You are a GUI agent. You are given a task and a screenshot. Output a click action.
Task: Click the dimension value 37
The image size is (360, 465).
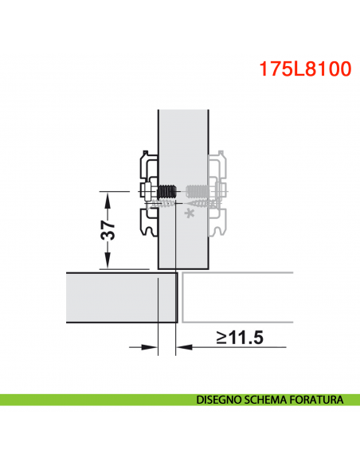tap(111, 230)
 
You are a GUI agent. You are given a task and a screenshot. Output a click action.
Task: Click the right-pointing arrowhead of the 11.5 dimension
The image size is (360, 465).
tap(149, 346)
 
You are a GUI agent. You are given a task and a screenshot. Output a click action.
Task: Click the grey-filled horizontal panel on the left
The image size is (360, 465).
tap(119, 299)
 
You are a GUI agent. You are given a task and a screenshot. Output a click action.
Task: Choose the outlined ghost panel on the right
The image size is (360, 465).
tap(239, 299)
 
